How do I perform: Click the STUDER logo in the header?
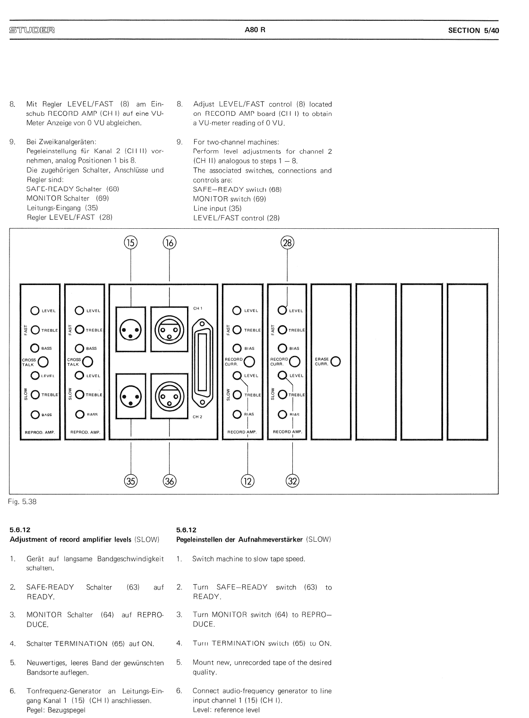click(x=32, y=30)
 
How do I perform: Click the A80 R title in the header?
click(x=255, y=30)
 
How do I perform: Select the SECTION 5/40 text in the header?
click(x=473, y=30)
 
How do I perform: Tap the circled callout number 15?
click(x=130, y=243)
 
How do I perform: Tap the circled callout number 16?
click(x=169, y=243)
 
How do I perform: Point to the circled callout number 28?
click(x=287, y=243)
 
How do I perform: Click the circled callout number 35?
click(x=130, y=481)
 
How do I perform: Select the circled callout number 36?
click(x=169, y=481)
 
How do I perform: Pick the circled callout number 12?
click(x=247, y=481)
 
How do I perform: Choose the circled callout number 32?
click(x=293, y=481)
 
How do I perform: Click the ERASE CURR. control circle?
click(x=336, y=362)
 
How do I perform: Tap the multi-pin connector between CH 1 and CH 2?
click(x=203, y=364)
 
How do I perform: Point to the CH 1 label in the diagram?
click(x=198, y=309)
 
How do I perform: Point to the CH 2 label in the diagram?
click(x=198, y=417)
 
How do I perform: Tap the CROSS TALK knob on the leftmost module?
click(x=43, y=362)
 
